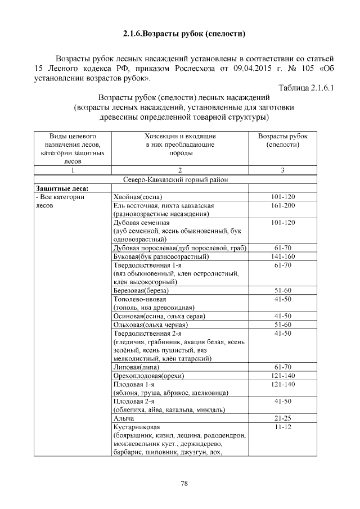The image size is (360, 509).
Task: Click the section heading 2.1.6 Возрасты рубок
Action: [184, 34]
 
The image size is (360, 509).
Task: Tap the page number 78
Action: [184, 483]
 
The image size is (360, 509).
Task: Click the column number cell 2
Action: [179, 170]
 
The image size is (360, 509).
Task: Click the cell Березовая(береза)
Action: [141, 291]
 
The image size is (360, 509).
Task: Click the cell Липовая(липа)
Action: [136, 367]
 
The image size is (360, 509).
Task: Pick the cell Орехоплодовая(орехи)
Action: [149, 376]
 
